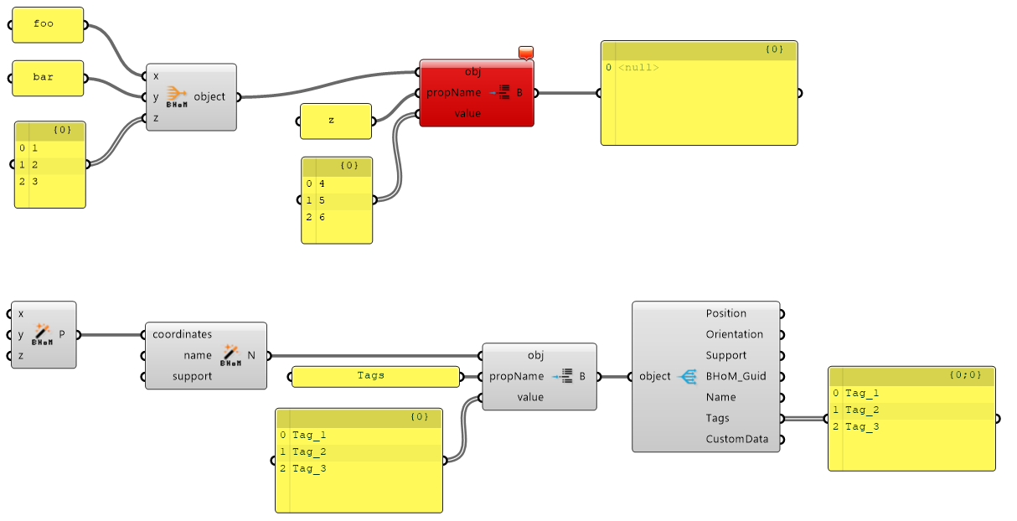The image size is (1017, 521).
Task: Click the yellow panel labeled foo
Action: [48, 25]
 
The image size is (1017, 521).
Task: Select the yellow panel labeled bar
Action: [48, 78]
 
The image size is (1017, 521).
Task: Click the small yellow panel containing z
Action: [336, 121]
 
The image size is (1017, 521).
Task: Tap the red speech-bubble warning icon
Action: [526, 53]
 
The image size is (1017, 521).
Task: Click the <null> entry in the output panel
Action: [638, 68]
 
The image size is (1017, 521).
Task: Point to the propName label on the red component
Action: [453, 93]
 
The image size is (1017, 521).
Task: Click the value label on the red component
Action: [467, 113]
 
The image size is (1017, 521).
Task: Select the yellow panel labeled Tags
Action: [375, 377]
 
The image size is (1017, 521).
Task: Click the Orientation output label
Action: [734, 334]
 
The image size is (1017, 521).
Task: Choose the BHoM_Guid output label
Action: [736, 376]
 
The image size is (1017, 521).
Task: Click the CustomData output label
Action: [737, 439]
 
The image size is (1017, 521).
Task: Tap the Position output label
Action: [726, 313]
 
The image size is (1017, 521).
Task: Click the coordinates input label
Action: [182, 334]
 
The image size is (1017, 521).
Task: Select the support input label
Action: [192, 377]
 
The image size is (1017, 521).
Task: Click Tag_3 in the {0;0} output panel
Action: [862, 426]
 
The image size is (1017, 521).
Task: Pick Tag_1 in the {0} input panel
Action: [309, 436]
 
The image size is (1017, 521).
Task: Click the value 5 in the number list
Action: [322, 200]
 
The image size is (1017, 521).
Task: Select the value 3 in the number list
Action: [35, 182]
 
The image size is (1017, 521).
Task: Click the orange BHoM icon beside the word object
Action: [177, 96]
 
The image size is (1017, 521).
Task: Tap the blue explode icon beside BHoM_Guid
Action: [689, 376]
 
